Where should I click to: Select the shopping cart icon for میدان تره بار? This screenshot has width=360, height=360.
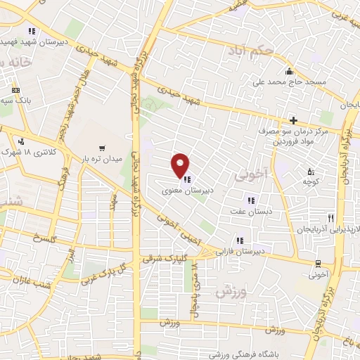(102, 149)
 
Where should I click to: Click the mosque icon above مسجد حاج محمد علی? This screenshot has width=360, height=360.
(289, 72)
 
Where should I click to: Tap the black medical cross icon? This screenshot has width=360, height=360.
(293, 121)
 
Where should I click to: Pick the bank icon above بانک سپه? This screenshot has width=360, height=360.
(15, 91)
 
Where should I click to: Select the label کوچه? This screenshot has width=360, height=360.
(308, 183)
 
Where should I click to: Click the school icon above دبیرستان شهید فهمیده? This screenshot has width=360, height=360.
(32, 31)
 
